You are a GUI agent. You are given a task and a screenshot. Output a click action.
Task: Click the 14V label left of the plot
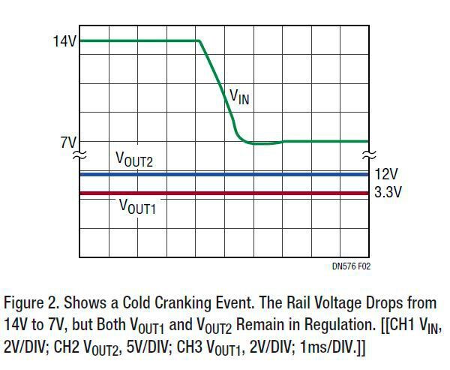coord(64,42)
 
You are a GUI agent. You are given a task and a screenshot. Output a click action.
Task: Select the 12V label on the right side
coord(387,174)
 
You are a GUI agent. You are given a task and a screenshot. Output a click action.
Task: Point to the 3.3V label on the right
coord(388,192)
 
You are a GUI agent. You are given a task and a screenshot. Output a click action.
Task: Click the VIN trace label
coord(238,96)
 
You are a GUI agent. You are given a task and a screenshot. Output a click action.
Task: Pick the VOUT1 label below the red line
coord(137,207)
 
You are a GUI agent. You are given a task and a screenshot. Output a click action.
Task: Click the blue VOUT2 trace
coord(225,174)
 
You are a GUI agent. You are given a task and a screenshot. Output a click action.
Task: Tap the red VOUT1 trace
coord(225,193)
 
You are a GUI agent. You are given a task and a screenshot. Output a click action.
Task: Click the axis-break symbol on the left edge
coord(79,155)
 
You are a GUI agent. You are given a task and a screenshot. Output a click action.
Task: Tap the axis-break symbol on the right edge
coord(368,155)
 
